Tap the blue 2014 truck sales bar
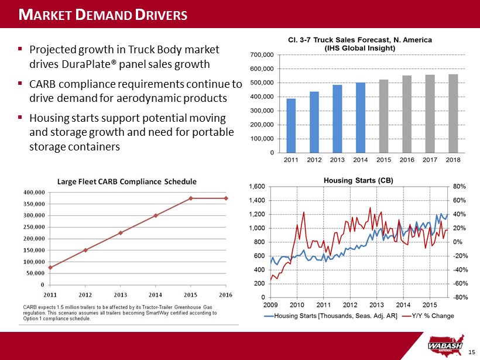(360, 117)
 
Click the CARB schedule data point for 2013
(121, 233)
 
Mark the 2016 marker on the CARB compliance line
(226, 198)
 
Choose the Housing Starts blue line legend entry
(331, 317)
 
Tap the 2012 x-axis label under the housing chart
(349, 305)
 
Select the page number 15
(473, 352)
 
